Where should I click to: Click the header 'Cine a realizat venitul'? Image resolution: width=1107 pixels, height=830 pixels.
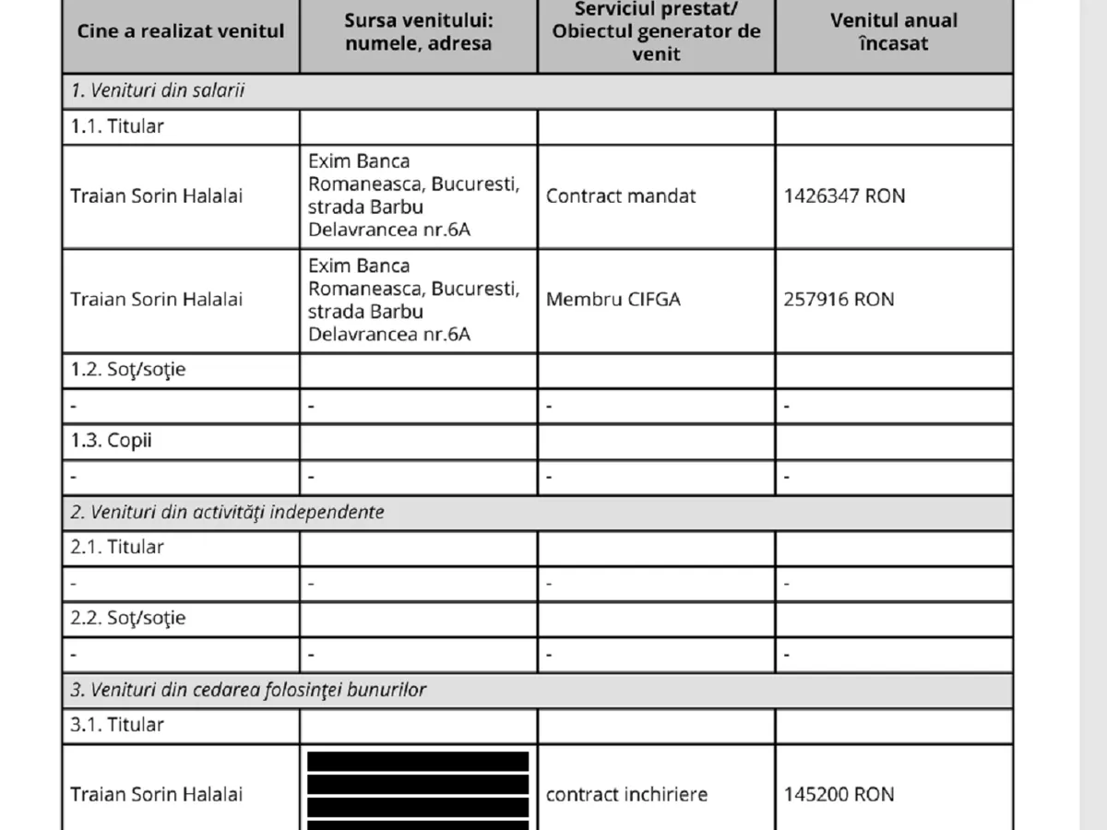pyautogui.click(x=181, y=31)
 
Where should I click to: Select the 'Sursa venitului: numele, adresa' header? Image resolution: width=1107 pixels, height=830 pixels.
pyautogui.click(x=418, y=31)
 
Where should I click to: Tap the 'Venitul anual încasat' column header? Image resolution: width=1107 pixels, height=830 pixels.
pyautogui.click(x=893, y=31)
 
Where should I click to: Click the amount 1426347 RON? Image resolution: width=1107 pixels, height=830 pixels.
pyautogui.click(x=844, y=196)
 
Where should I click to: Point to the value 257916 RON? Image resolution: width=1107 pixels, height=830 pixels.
pyautogui.click(x=839, y=299)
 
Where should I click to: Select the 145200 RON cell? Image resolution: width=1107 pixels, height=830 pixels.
pyautogui.click(x=839, y=794)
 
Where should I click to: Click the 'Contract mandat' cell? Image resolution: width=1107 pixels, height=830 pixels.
pyautogui.click(x=621, y=196)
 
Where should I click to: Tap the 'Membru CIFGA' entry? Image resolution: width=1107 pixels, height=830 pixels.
pyautogui.click(x=613, y=299)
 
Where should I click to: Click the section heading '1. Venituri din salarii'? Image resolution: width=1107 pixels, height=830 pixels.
pyautogui.click(x=158, y=91)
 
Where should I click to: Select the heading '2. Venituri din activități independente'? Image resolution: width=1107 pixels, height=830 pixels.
pyautogui.click(x=227, y=512)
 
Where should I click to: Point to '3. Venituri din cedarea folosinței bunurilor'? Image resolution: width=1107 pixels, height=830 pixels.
pyautogui.click(x=248, y=690)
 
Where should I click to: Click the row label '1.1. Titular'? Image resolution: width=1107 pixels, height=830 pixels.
pyautogui.click(x=117, y=126)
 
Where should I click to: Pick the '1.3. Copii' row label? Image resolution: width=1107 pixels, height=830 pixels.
pyautogui.click(x=112, y=440)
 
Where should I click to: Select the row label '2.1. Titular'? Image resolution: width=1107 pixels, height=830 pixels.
pyautogui.click(x=117, y=547)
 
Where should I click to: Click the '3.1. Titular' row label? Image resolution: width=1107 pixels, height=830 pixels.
pyautogui.click(x=117, y=725)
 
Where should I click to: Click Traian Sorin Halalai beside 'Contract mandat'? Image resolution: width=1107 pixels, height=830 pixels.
pyautogui.click(x=157, y=196)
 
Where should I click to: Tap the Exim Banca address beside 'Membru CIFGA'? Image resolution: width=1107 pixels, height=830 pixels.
pyautogui.click(x=413, y=300)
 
